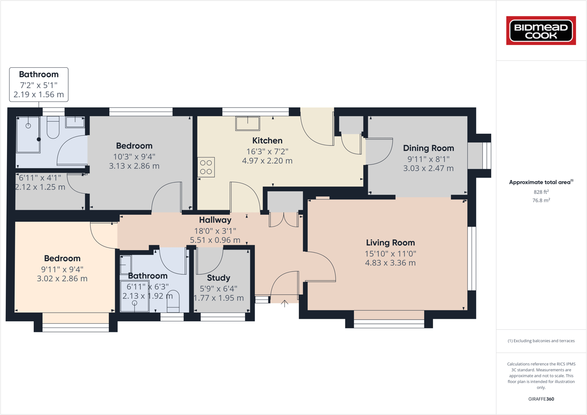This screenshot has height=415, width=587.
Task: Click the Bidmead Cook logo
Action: click(541, 31)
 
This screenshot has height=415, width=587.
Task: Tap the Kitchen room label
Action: click(267, 141)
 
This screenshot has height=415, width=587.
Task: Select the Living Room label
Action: click(390, 243)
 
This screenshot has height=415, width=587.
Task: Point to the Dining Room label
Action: click(428, 148)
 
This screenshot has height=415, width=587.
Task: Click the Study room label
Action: click(218, 278)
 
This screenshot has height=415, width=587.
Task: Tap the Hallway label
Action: click(215, 220)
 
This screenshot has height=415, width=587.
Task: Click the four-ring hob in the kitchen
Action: click(206, 167)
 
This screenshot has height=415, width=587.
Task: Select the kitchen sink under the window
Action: click(248, 123)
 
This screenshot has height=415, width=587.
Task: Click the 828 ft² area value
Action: click(541, 192)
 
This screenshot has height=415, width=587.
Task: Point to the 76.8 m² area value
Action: click(541, 200)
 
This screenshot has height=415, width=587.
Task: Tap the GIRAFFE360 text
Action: click(541, 399)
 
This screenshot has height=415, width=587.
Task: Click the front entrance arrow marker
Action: click(284, 303)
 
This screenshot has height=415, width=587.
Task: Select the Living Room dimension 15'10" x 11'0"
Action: click(390, 254)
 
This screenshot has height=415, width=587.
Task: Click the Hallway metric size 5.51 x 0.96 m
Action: click(215, 240)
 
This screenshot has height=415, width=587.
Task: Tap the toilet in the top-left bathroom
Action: click(53, 128)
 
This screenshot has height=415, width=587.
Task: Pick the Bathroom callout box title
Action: click(38, 74)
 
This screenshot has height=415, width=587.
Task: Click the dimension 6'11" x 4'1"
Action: click(40, 178)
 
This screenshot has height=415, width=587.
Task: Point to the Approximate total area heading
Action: click(541, 182)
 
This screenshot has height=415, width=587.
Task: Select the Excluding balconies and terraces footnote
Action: click(541, 341)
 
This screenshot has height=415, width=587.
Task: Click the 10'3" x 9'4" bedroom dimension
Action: click(134, 157)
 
